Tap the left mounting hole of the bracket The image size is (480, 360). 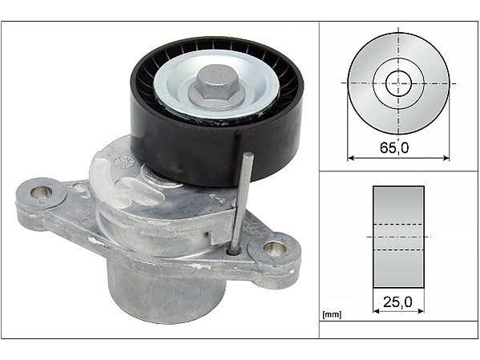click(x=42, y=192)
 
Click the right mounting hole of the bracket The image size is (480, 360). click(x=275, y=248)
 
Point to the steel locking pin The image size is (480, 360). click(x=241, y=202)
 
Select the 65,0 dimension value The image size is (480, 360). click(x=394, y=148)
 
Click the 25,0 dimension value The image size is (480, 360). click(x=398, y=302)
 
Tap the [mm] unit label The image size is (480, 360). click(x=332, y=314)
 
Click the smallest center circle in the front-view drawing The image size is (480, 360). click(x=398, y=83)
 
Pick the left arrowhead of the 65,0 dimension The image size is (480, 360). click(x=351, y=158)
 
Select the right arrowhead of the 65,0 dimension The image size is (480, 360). click(x=446, y=158)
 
